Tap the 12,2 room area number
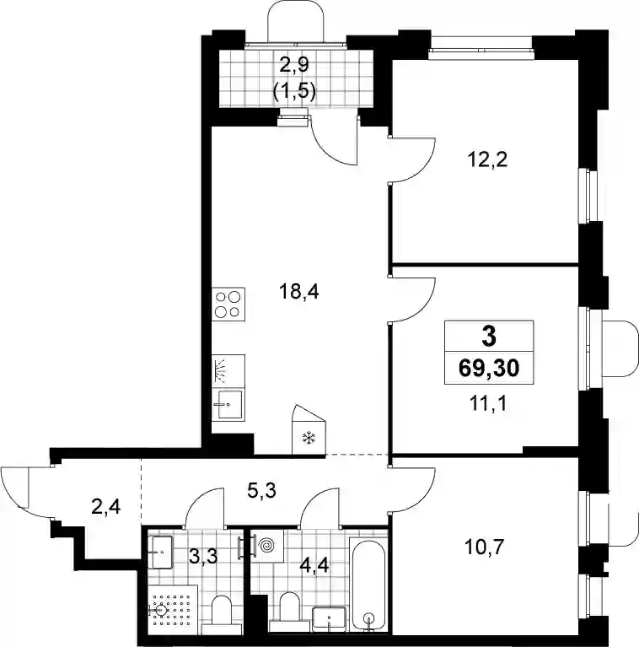click(x=488, y=159)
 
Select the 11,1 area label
click(x=488, y=403)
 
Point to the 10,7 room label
click(x=485, y=547)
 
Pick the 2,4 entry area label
click(x=106, y=506)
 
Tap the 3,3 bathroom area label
click(x=204, y=556)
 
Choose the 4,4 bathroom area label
click(x=314, y=564)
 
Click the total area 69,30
click(x=489, y=369)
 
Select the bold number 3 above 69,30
click(x=489, y=337)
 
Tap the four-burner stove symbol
click(x=228, y=305)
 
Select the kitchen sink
click(x=228, y=404)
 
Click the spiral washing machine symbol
click(x=266, y=546)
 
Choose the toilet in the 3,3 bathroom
click(x=222, y=615)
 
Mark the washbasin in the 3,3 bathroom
click(x=160, y=552)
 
